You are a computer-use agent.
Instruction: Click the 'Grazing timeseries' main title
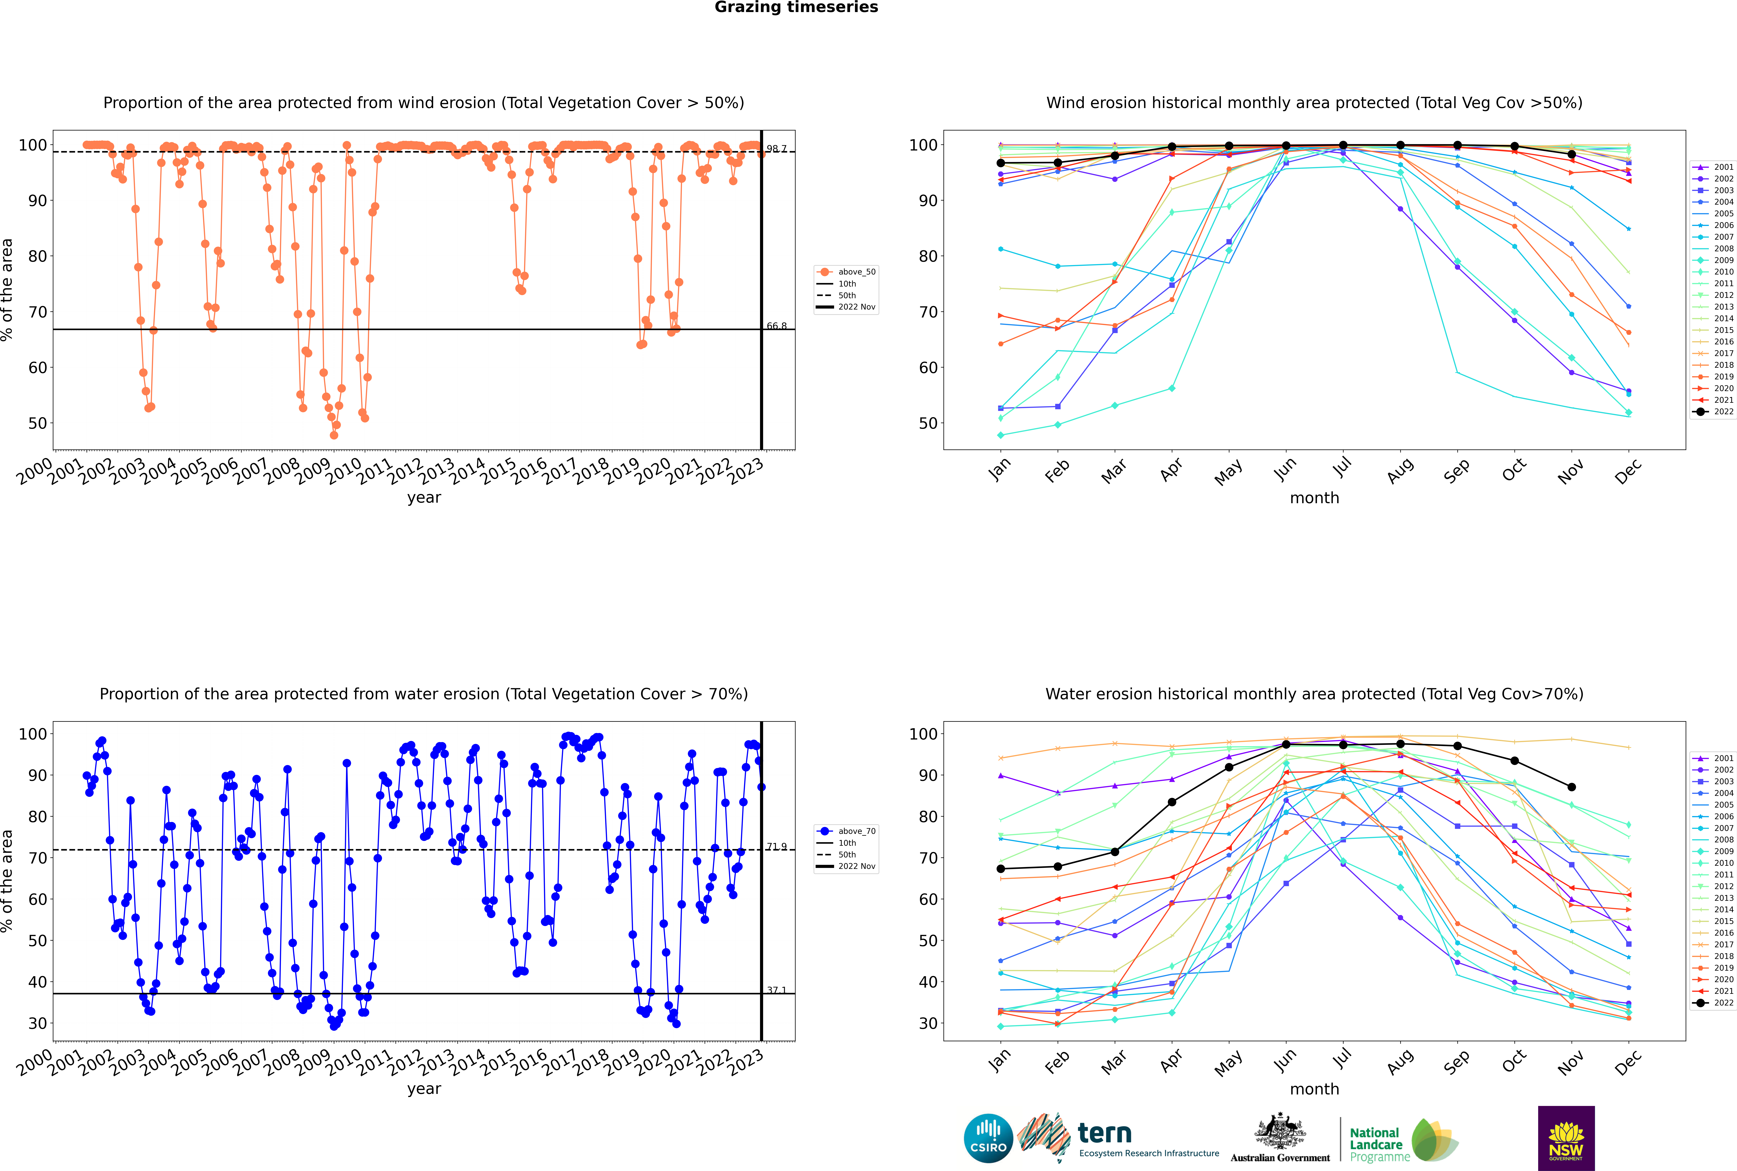click(796, 7)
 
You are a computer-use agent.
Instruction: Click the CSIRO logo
click(988, 1138)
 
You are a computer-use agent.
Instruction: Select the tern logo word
click(1105, 1134)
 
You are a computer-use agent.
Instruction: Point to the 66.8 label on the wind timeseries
click(777, 326)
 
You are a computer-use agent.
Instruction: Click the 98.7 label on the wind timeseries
click(777, 149)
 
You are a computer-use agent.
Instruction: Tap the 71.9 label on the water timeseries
click(777, 846)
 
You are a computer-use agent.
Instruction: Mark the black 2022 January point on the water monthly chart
click(1001, 869)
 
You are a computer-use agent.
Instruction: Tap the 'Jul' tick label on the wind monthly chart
click(1342, 468)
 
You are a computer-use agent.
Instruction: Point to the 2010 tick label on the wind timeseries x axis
click(344, 470)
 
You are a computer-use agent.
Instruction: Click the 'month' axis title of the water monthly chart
click(1314, 1089)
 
